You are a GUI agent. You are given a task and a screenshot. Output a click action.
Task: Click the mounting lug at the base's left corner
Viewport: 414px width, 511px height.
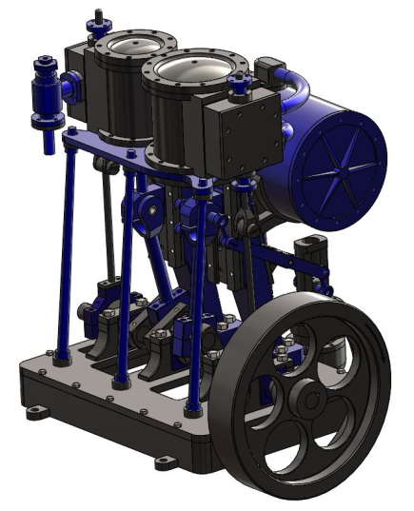point(36,411)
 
